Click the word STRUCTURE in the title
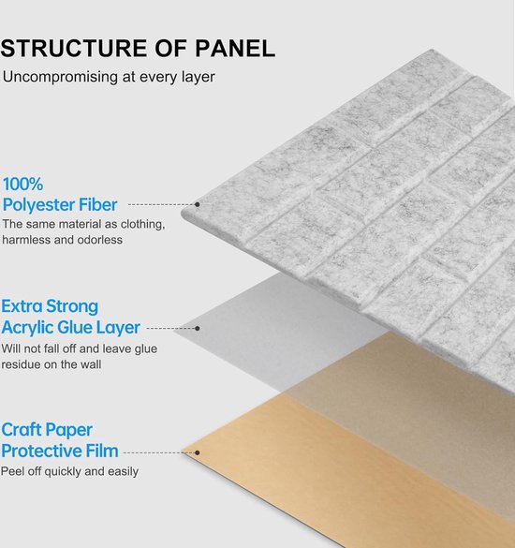[74, 48]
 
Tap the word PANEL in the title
[235, 48]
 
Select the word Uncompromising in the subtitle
[60, 77]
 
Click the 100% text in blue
[22, 184]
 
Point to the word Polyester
[38, 205]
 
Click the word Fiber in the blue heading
[97, 204]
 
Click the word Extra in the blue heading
[22, 306]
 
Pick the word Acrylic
[27, 328]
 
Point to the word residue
[21, 364]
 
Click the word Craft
[22, 430]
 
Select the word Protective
[41, 451]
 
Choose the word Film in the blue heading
[102, 451]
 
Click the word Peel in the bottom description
[12, 471]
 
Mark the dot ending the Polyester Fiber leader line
[197, 204]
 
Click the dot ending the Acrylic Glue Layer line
[198, 329]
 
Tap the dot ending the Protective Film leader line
[197, 453]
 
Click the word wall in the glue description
[91, 364]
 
